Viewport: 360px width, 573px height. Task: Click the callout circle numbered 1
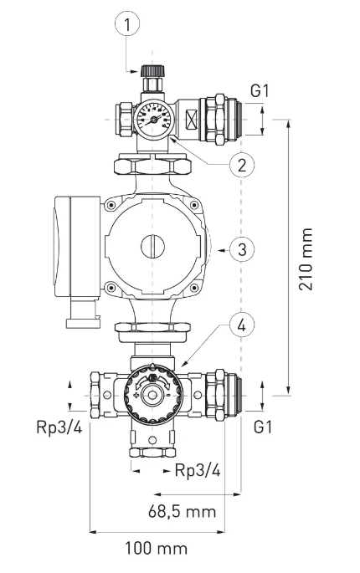pyautogui.click(x=127, y=24)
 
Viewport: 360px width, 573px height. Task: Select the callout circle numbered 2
pyautogui.click(x=241, y=165)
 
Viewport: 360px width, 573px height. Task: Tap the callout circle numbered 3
pyautogui.click(x=241, y=250)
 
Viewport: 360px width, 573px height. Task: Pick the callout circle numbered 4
pyautogui.click(x=241, y=325)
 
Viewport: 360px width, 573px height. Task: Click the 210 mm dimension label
pyautogui.click(x=306, y=259)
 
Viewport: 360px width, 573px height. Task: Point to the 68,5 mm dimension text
pyautogui.click(x=182, y=511)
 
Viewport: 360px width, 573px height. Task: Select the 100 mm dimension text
pyautogui.click(x=157, y=548)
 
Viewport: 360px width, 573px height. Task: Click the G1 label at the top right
pyautogui.click(x=260, y=90)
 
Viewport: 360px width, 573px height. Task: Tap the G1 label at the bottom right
pyautogui.click(x=263, y=427)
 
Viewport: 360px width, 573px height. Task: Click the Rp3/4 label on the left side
pyautogui.click(x=59, y=427)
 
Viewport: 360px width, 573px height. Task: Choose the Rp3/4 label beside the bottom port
pyautogui.click(x=198, y=470)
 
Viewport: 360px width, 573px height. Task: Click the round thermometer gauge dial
pyautogui.click(x=154, y=119)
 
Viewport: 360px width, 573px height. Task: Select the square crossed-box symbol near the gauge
pyautogui.click(x=192, y=119)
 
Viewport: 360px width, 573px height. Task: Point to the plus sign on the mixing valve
pyautogui.click(x=136, y=395)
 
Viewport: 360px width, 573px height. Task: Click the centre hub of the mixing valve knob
pyautogui.click(x=152, y=395)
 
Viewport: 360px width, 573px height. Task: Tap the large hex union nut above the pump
pyautogui.click(x=152, y=165)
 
